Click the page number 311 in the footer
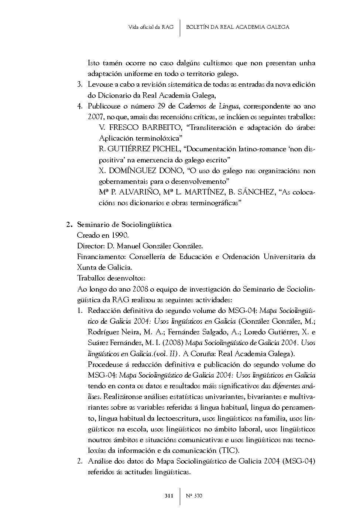pos(169,496)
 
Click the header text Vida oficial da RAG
pos(151,27)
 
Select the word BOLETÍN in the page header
pos(199,27)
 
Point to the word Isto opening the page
pos(93,63)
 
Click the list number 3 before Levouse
pos(79,85)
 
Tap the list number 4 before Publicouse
pos(79,106)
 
